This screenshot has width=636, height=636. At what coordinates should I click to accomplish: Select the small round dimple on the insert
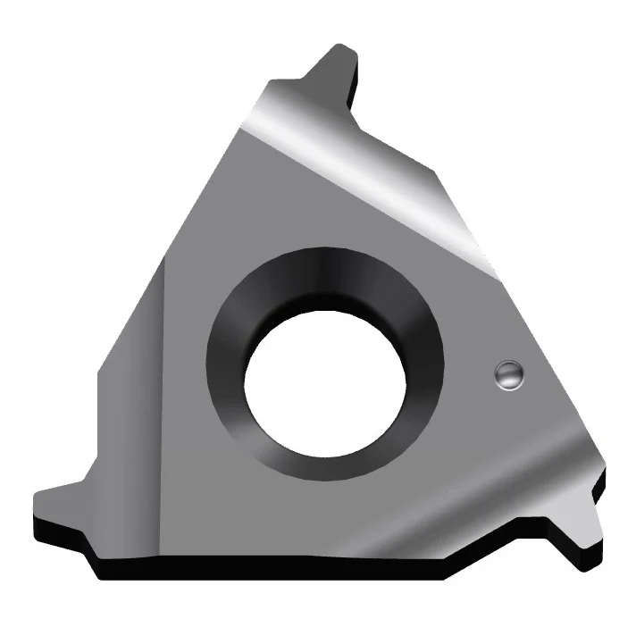[507, 375]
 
